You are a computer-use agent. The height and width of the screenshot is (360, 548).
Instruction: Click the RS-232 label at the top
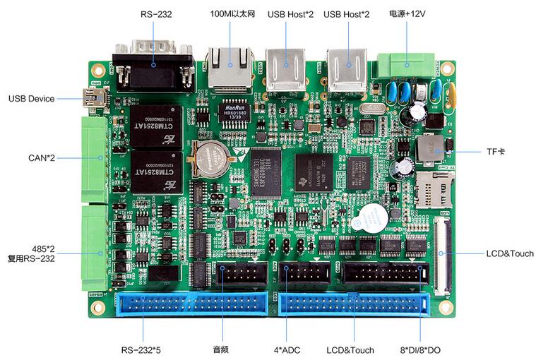156,13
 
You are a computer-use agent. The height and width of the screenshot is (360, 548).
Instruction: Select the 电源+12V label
407,13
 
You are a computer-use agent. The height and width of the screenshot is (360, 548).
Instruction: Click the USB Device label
31,98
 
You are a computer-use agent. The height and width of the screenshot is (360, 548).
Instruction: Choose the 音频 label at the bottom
222,349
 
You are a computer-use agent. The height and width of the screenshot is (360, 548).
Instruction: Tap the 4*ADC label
286,349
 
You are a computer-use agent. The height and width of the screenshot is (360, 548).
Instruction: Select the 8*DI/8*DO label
421,349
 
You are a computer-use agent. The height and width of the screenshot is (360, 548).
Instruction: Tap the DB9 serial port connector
154,66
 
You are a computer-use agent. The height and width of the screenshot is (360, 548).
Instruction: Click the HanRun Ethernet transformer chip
232,107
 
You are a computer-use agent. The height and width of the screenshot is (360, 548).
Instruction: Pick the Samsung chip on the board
266,172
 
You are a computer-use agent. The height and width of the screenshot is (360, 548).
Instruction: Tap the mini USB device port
93,98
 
